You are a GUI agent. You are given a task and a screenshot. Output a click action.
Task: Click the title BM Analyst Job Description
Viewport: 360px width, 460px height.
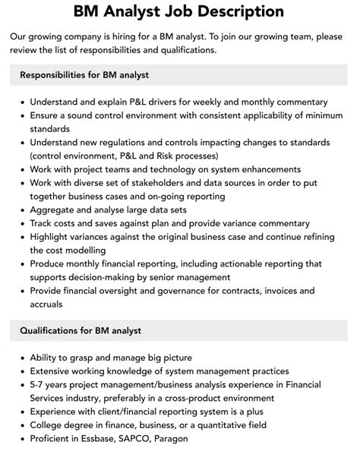(179, 11)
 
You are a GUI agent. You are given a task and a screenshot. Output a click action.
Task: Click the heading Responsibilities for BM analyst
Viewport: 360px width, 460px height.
(84, 75)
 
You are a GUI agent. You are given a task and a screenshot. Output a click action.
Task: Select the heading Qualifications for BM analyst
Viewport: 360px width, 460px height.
(81, 331)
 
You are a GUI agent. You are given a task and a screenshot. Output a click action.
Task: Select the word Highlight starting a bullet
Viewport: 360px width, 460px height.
(53, 238)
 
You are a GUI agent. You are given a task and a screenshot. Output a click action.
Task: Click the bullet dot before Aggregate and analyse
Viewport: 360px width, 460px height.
(23, 210)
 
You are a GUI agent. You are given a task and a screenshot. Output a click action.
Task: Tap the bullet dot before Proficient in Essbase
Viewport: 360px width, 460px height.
(23, 438)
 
